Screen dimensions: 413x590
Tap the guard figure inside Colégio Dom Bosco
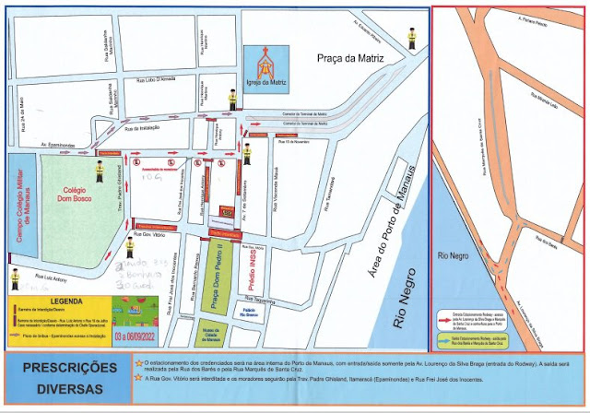coord(99,170)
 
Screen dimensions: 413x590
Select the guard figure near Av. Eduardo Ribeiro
coord(411,38)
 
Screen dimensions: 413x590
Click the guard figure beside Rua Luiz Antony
coord(14,277)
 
